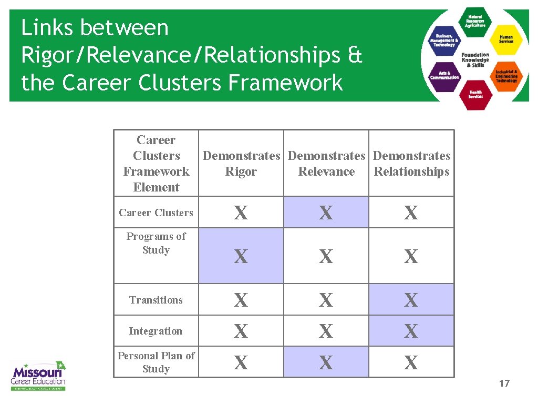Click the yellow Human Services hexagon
[x=506, y=39]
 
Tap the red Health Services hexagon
[x=475, y=94]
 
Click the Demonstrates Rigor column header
[x=241, y=164]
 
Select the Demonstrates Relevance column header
[x=326, y=164]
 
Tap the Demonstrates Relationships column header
[x=411, y=164]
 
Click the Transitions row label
[x=156, y=300]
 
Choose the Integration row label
[x=156, y=331]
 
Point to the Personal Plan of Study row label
[x=156, y=362]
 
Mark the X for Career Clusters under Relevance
[x=326, y=213]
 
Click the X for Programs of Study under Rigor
[x=241, y=257]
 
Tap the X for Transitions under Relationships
[x=411, y=300]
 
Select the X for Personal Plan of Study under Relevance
[x=326, y=362]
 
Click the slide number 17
[x=504, y=383]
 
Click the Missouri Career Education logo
[x=38, y=375]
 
